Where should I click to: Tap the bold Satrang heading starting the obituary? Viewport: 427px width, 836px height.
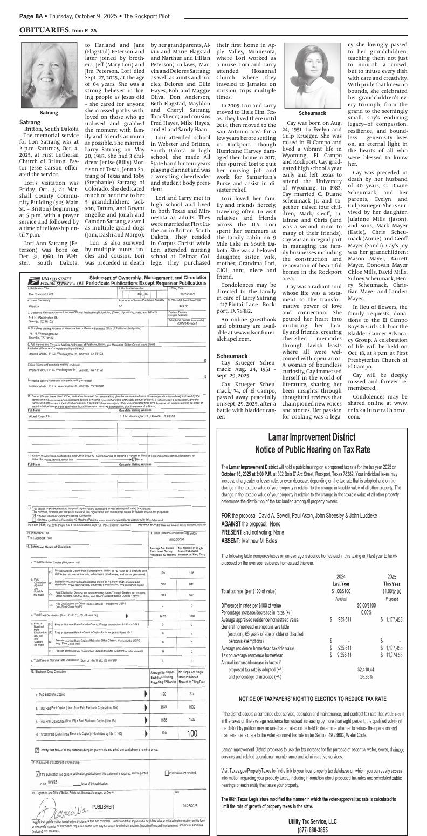tap(30, 123)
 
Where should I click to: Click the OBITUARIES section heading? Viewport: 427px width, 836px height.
tap(43, 29)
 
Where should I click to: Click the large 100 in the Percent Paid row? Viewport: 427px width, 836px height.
tap(192, 733)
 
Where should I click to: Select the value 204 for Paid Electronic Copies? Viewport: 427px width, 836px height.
tap(191, 693)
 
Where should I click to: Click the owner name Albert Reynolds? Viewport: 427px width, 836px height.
tap(39, 401)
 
